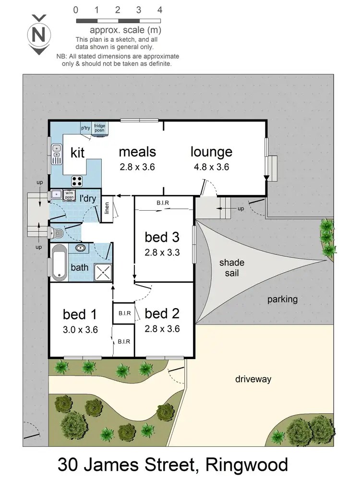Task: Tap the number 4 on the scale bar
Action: [159, 10]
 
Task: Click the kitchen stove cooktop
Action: [77, 181]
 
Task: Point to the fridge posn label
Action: [100, 128]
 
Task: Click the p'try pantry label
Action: [85, 128]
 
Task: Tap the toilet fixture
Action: [58, 233]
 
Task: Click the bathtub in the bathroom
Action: [59, 262]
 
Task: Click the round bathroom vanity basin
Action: [81, 249]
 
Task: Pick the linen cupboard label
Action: [107, 209]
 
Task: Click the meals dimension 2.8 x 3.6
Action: [138, 167]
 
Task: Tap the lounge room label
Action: [211, 152]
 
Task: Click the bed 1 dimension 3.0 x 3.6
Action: [81, 330]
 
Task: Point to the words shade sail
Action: [232, 268]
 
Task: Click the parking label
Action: [282, 300]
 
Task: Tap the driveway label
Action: [253, 379]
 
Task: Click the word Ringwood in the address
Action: [247, 465]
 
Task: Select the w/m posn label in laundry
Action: [70, 195]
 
